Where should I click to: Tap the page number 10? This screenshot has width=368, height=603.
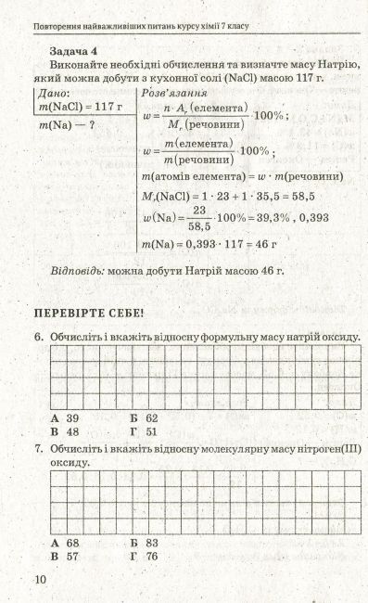pyautogui.click(x=39, y=581)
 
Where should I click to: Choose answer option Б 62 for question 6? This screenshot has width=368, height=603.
pyautogui.click(x=145, y=418)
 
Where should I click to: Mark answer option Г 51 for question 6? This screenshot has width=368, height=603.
pyautogui.click(x=145, y=432)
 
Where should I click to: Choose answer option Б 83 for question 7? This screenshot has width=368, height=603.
pyautogui.click(x=145, y=542)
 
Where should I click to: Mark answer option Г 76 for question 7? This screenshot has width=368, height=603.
pyautogui.click(x=145, y=556)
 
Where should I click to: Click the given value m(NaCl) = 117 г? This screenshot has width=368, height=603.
pyautogui.click(x=81, y=108)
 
